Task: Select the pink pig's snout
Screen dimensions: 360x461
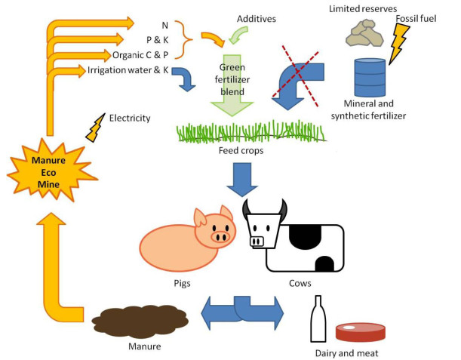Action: tap(220, 237)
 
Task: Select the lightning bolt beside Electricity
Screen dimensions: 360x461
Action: tap(96, 129)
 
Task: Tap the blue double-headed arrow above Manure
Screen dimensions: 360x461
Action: tap(242, 309)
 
